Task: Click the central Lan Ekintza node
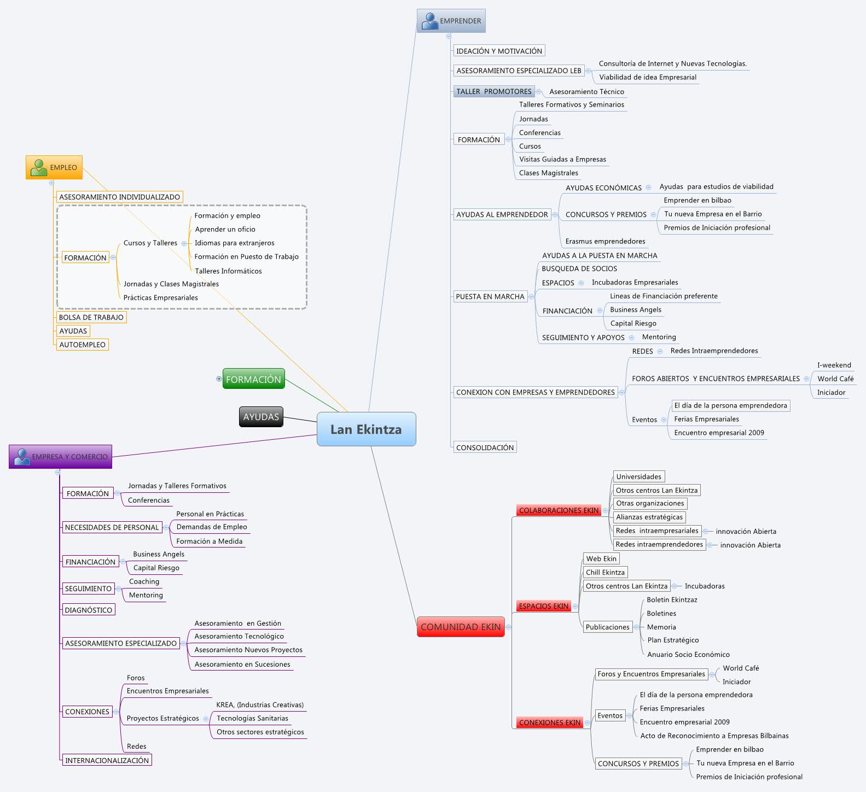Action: point(366,429)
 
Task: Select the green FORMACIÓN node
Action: point(253,379)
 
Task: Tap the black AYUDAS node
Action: point(261,417)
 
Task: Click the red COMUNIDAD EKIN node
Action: point(461,627)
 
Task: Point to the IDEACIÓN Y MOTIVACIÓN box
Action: point(499,51)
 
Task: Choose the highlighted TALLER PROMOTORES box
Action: point(493,91)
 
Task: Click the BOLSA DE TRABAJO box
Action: point(91,317)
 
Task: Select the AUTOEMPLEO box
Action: point(82,345)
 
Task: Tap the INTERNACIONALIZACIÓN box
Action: point(107,760)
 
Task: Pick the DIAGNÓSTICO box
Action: point(88,610)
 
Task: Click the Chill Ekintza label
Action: point(605,572)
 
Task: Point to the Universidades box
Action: point(638,476)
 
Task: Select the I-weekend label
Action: point(834,365)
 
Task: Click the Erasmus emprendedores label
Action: point(605,241)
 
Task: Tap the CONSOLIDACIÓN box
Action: point(485,447)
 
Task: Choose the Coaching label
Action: point(144,581)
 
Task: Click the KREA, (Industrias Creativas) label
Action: point(260,704)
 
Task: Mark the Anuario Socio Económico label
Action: point(688,654)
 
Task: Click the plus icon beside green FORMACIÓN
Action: point(219,378)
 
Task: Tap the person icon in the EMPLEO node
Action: point(38,167)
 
